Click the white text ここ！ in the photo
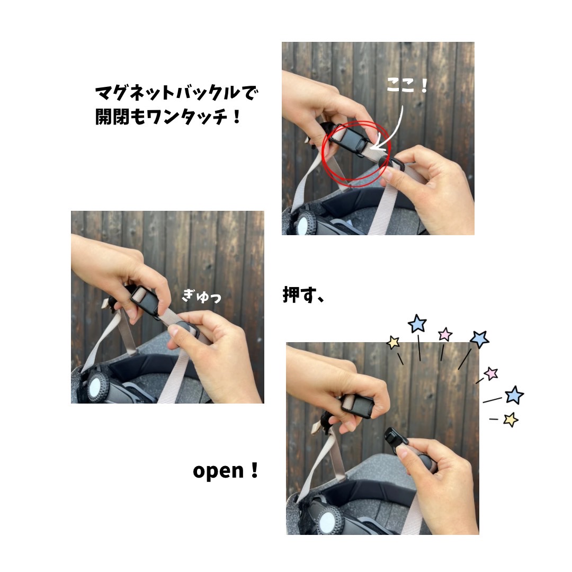pos(406,86)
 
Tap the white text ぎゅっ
pos(202,296)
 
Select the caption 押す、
pos(303,295)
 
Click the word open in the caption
pos(218,471)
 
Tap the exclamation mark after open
pos(255,470)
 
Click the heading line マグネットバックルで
pos(176,93)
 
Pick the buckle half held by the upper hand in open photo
pos(358,405)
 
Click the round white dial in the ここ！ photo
pos(303,224)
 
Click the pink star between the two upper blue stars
pos(445,334)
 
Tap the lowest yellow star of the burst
pos(511,419)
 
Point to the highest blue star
pos(417,323)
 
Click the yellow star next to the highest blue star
pos(393,342)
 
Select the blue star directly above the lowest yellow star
pos(514,395)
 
